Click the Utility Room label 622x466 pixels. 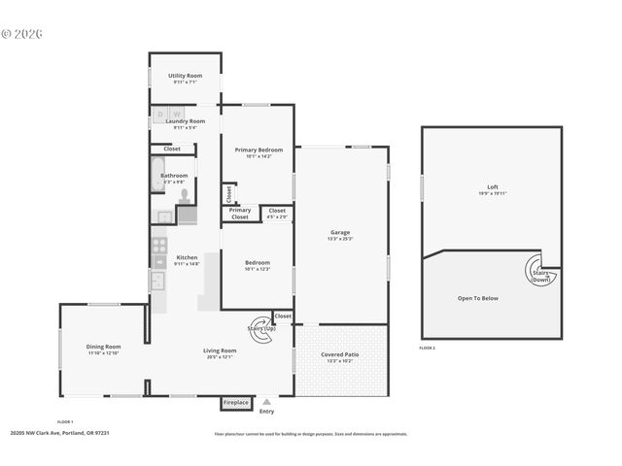(x=185, y=75)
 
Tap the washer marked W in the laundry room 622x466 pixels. (x=176, y=114)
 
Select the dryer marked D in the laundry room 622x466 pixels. (x=161, y=114)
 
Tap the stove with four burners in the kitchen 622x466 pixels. (x=158, y=245)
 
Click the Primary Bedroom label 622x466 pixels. (x=259, y=150)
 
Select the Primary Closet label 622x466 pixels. (x=240, y=214)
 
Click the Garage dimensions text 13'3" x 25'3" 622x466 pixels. (x=340, y=238)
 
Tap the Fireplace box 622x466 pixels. (x=236, y=402)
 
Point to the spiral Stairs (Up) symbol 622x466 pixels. (x=260, y=327)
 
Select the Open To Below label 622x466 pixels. (x=477, y=298)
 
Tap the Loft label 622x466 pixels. (x=492, y=186)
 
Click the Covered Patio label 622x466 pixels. (x=340, y=354)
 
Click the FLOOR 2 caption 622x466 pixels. (x=428, y=348)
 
